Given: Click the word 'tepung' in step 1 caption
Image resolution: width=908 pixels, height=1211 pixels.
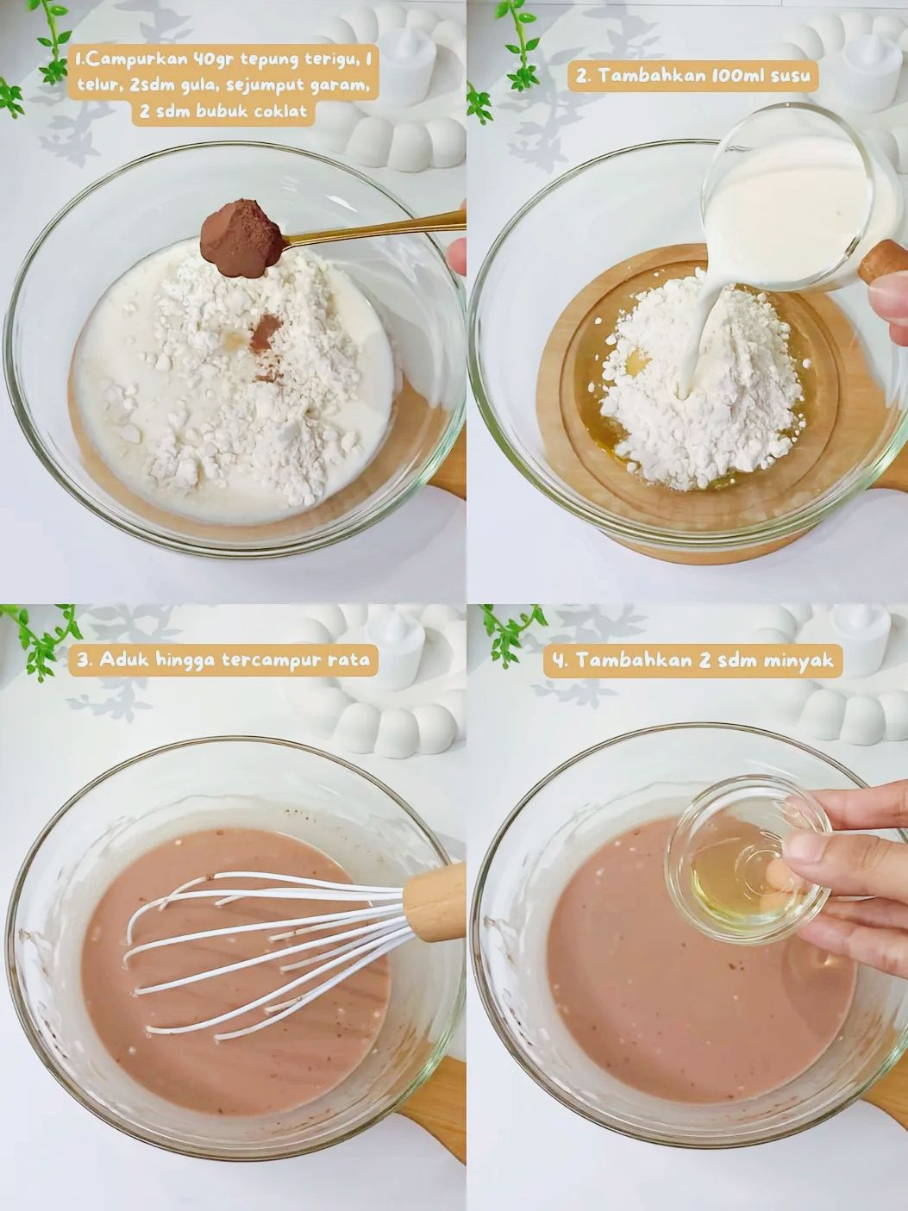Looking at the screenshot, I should (x=258, y=62).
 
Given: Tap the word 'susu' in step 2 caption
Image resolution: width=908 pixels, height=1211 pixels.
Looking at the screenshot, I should (x=792, y=76).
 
